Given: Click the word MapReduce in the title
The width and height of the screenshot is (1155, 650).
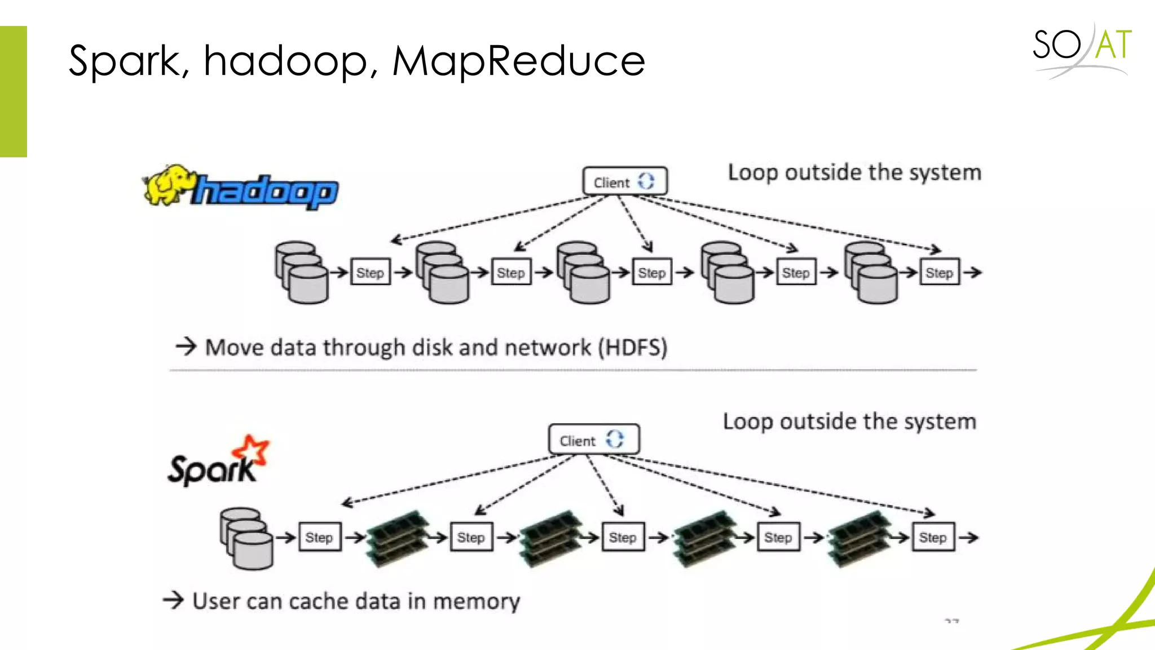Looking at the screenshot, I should [x=518, y=61].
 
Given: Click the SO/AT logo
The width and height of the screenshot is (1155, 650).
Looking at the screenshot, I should [x=1082, y=47].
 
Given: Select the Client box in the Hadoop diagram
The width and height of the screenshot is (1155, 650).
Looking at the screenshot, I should [x=625, y=182].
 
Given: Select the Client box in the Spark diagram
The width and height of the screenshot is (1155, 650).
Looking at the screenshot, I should [x=593, y=440].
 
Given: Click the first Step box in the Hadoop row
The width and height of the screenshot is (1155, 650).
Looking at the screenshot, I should [x=370, y=273].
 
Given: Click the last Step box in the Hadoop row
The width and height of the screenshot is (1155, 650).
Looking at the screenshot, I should [x=939, y=273].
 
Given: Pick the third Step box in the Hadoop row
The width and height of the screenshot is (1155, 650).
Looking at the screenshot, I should [x=651, y=273].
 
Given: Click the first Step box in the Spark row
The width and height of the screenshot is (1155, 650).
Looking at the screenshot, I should [x=319, y=537].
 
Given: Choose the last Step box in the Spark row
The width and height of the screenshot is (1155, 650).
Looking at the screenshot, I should [x=933, y=537].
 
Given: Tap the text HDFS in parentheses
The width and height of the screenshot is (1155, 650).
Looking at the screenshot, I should [x=633, y=348].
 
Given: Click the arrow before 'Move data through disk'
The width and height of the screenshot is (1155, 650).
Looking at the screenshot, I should [x=186, y=346].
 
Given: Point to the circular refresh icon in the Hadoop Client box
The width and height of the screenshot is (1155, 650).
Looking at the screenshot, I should [x=646, y=182].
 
